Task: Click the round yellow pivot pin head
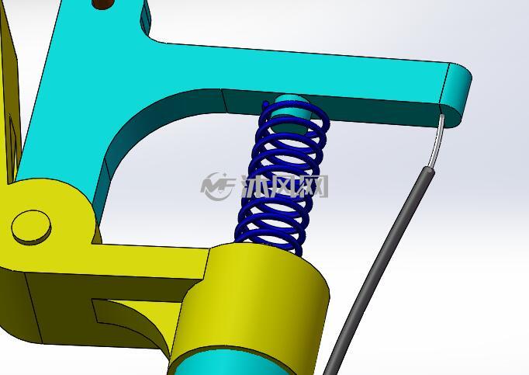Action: click(31, 227)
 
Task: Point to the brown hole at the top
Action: click(103, 4)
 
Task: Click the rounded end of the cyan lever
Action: click(455, 95)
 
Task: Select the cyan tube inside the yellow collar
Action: click(233, 364)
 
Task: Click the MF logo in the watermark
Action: click(218, 186)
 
